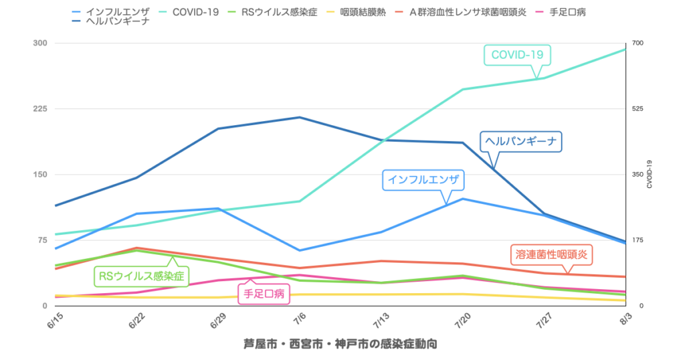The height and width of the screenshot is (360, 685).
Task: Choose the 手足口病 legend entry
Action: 567,12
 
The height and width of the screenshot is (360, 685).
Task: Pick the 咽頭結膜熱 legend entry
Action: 362,12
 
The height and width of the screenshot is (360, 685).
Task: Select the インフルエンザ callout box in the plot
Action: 423,179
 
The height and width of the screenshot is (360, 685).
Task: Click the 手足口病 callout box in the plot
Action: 264,293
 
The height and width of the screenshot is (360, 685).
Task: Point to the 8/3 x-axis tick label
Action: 625,317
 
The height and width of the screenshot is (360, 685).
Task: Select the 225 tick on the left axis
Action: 40,109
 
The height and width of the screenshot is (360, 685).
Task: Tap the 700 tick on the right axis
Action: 638,43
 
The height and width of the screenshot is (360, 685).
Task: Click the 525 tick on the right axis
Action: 638,109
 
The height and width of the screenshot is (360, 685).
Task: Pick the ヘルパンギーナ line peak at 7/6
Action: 299,118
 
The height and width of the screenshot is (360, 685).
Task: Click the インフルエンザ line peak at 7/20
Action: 463,199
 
